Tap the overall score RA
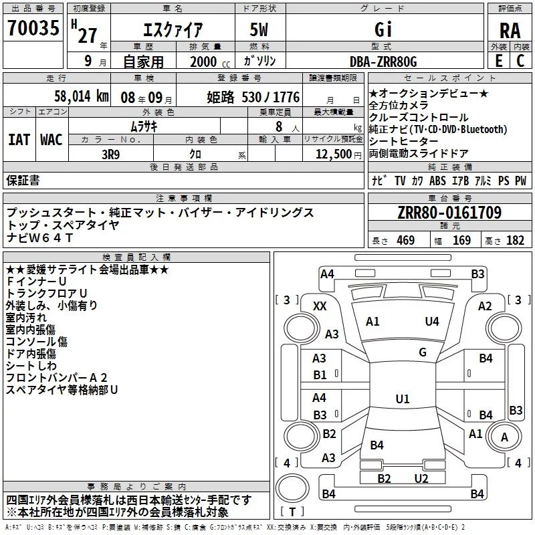510,30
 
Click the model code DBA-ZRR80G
383,61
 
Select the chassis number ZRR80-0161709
449,213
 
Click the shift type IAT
19,140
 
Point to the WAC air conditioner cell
51,140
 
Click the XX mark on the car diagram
320,305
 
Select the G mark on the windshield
422,352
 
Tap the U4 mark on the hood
432,321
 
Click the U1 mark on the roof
402,399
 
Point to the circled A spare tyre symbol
504,437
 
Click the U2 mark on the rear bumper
421,478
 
